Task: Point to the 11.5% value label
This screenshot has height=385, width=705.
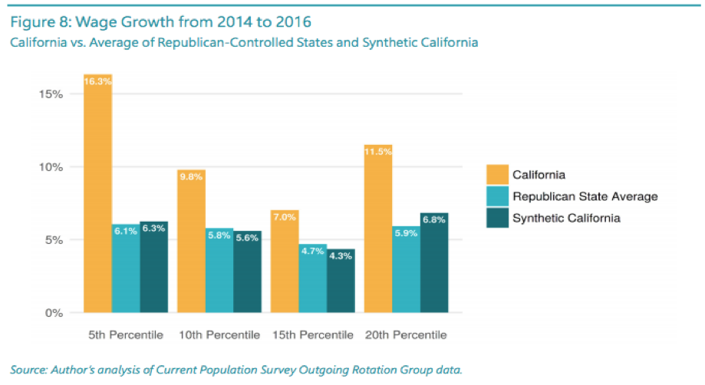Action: (378, 151)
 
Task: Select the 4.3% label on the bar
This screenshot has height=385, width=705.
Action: (341, 256)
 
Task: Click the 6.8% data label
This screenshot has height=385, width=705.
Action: (434, 220)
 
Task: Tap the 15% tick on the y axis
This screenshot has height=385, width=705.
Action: (51, 94)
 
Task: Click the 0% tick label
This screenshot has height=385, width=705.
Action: (54, 313)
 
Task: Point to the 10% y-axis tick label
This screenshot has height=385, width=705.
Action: (51, 167)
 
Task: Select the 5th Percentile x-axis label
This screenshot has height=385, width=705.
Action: (126, 335)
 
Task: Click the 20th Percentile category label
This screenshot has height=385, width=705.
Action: (407, 335)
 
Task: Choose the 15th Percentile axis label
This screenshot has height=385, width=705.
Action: (313, 335)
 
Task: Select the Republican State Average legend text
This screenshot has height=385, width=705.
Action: (585, 196)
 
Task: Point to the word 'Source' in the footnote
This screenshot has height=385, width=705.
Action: (30, 370)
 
